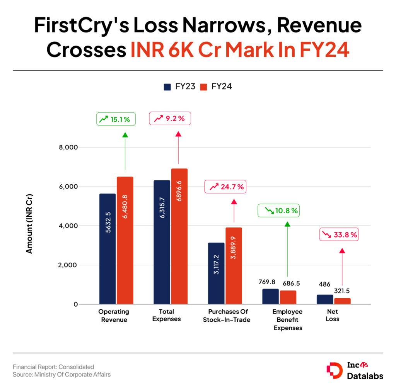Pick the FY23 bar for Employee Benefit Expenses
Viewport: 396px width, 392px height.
click(x=270, y=296)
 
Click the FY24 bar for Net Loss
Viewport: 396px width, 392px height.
click(x=342, y=301)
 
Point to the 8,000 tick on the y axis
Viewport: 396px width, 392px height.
click(x=68, y=147)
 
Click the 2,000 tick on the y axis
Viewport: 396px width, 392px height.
click(x=68, y=265)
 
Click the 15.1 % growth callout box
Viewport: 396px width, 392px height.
click(x=116, y=120)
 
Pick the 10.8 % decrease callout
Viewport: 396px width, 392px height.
click(x=280, y=211)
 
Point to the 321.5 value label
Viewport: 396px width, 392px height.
click(x=342, y=291)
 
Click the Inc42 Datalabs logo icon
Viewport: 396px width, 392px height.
click(x=334, y=370)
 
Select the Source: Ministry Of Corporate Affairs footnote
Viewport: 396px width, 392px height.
click(x=61, y=374)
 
